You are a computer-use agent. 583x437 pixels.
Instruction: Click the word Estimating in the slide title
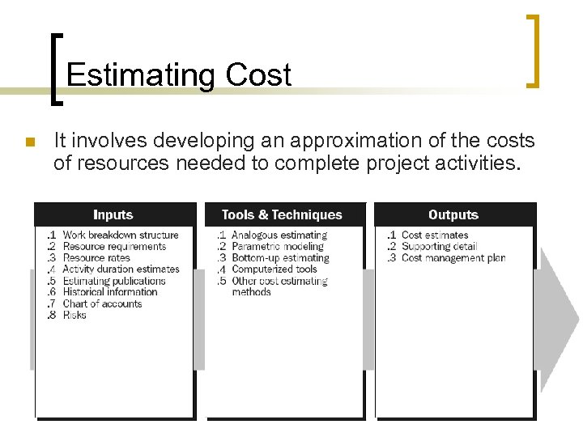tap(139, 75)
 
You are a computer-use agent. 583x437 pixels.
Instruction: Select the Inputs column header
tap(113, 214)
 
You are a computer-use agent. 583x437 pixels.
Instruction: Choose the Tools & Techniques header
tap(282, 214)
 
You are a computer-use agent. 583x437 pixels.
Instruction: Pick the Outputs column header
tap(453, 214)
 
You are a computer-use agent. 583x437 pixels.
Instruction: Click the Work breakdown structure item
tap(120, 235)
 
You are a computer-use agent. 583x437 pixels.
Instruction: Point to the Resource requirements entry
tap(114, 247)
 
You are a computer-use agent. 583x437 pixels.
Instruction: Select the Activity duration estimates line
tap(121, 269)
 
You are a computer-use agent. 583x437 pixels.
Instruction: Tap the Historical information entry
tap(110, 292)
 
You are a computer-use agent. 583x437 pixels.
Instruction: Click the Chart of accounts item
tap(102, 304)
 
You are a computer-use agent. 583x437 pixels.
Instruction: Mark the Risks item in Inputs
tap(74, 316)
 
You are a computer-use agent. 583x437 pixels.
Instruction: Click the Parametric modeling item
tap(277, 247)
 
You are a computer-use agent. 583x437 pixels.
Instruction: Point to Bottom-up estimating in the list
tap(280, 258)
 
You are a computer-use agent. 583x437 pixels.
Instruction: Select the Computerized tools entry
tap(274, 269)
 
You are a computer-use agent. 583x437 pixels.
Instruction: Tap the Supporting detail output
tap(440, 247)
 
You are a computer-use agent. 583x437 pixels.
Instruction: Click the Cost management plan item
tap(453, 258)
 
